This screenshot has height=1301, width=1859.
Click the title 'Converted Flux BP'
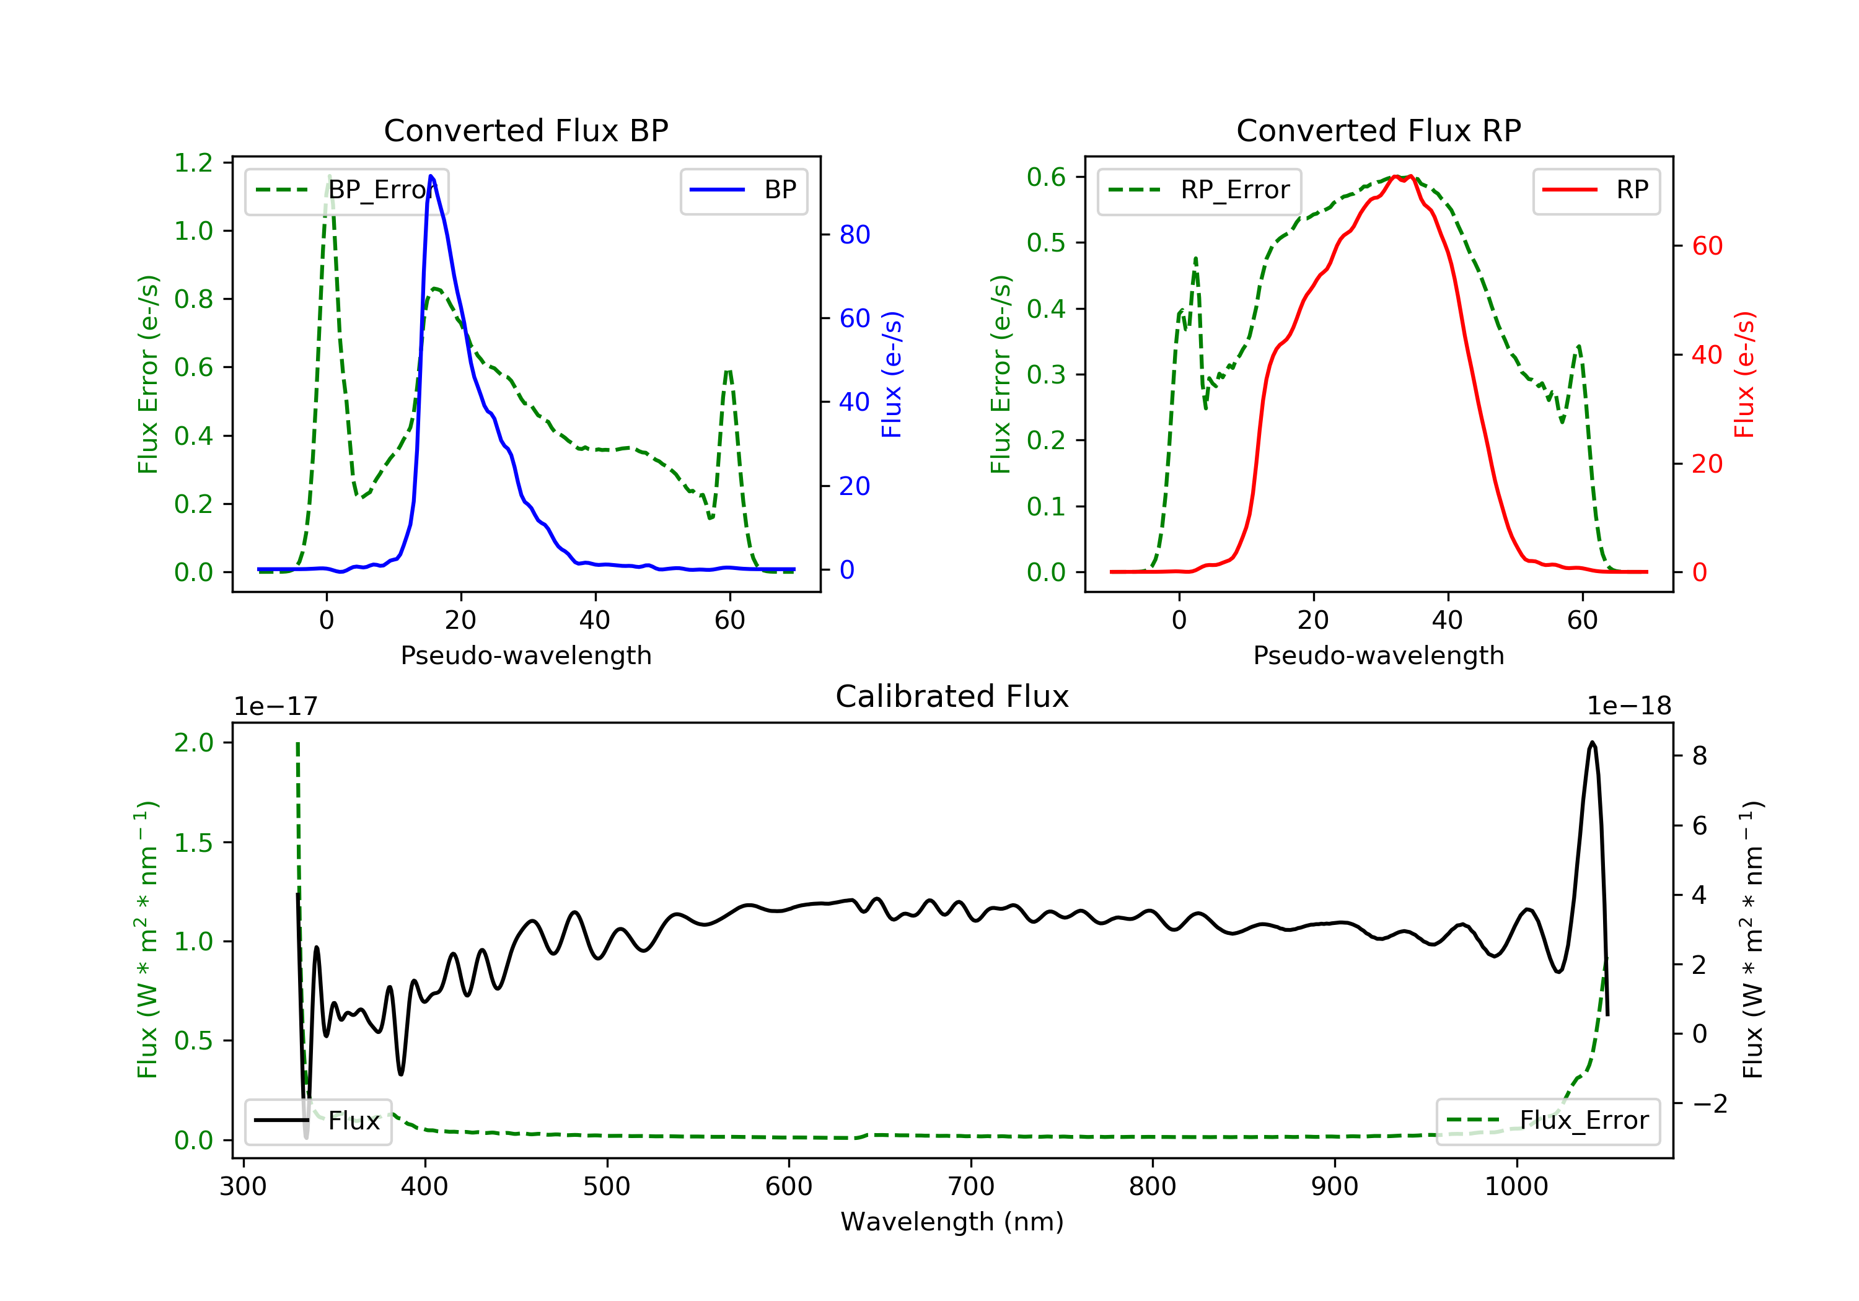click(x=526, y=130)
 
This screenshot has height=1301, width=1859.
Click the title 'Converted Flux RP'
click(x=1379, y=130)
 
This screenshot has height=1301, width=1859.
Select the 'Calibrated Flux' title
click(x=952, y=696)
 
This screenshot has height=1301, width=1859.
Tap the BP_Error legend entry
click(x=346, y=190)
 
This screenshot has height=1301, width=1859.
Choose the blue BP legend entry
click(x=743, y=190)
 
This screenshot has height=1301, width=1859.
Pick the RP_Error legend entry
click(x=1199, y=190)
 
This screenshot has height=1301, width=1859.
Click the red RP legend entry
click(x=1596, y=190)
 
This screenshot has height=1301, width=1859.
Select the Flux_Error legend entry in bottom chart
click(x=1547, y=1121)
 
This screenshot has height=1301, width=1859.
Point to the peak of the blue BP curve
click(x=431, y=176)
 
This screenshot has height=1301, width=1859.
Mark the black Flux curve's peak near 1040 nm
click(x=1592, y=742)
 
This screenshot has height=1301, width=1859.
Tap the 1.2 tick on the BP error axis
click(x=193, y=163)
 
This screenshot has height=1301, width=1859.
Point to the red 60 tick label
click(x=1708, y=246)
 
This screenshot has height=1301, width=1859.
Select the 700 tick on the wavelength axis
click(x=971, y=1187)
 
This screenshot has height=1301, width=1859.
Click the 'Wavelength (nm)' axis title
click(x=952, y=1222)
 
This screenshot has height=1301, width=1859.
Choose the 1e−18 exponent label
click(x=1629, y=706)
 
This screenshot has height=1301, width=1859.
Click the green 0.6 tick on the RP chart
click(x=1046, y=177)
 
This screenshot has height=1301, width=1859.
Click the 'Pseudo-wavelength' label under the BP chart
click(x=526, y=655)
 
